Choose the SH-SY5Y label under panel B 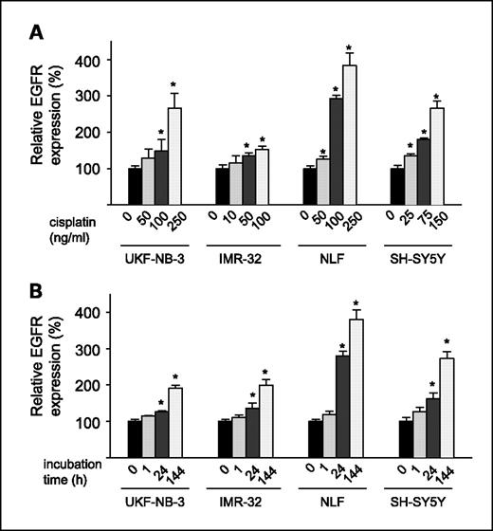click(419, 508)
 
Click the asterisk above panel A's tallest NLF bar click(350, 48)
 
